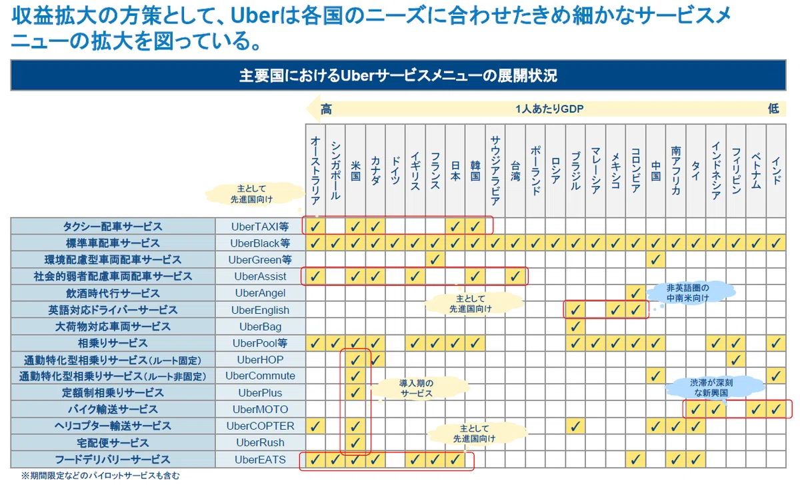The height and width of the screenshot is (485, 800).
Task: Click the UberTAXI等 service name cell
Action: (x=260, y=227)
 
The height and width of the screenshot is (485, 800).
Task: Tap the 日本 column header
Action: (x=455, y=171)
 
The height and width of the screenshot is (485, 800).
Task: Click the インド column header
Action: (x=776, y=171)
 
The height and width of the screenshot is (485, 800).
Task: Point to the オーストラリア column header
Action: (x=315, y=171)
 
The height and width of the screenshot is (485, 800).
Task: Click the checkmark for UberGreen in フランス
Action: (x=435, y=259)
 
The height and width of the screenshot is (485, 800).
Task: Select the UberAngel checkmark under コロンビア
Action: (x=635, y=293)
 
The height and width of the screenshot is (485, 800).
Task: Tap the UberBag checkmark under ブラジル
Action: (x=575, y=326)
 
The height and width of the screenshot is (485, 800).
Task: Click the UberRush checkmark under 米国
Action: (x=355, y=442)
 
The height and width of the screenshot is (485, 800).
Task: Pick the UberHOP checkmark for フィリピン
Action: (x=735, y=360)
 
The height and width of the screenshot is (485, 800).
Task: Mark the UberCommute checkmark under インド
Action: (x=776, y=376)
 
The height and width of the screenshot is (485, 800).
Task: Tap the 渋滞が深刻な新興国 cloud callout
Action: (x=711, y=388)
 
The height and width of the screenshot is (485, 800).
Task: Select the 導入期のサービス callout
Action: (x=417, y=388)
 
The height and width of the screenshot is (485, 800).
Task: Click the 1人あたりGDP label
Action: (x=549, y=109)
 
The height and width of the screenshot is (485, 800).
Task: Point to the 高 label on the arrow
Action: (x=326, y=109)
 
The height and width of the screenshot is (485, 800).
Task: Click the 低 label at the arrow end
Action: (x=773, y=109)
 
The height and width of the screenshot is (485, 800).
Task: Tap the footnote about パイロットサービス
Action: (x=101, y=476)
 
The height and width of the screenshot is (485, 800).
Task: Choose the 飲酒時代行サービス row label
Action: (x=113, y=293)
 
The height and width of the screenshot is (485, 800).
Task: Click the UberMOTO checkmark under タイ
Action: (x=695, y=409)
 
